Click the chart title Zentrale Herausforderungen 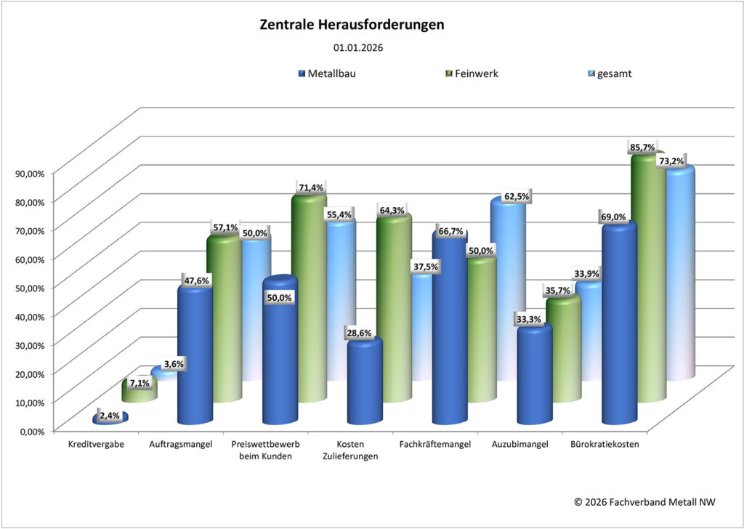[x=352, y=25]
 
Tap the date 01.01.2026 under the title [x=358, y=48]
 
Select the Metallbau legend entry [x=331, y=73]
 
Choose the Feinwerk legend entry [x=474, y=73]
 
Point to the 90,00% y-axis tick [x=29, y=173]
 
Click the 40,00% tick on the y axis [x=29, y=315]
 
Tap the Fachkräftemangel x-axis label [x=436, y=445]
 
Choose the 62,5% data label [x=517, y=196]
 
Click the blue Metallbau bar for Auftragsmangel [x=195, y=356]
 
